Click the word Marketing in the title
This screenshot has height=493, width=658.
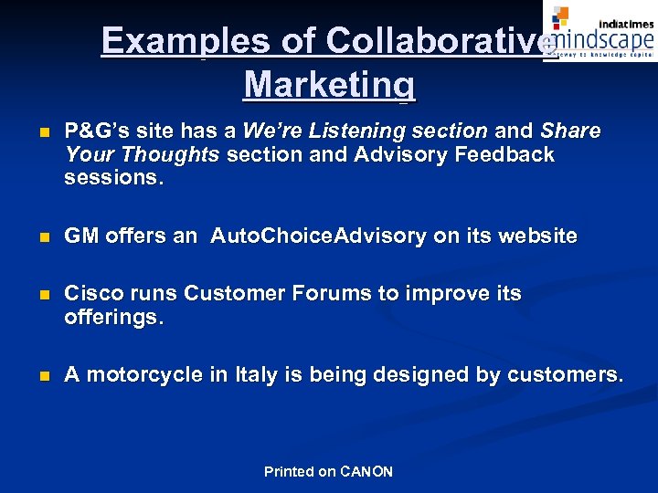coord(329,85)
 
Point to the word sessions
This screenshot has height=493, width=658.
coord(113,178)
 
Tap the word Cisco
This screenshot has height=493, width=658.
coord(92,294)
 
